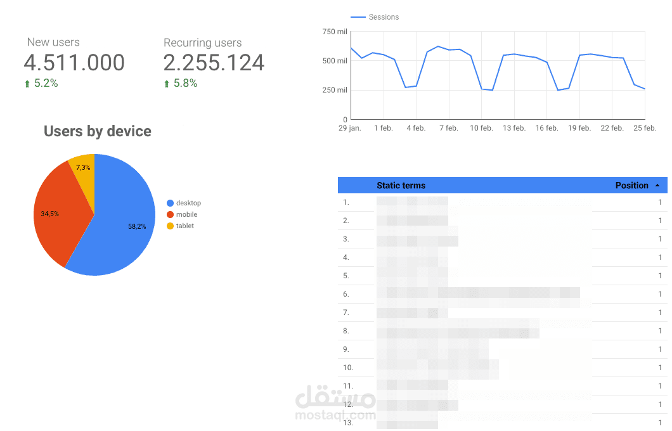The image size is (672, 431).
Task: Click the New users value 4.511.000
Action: pyautogui.click(x=74, y=63)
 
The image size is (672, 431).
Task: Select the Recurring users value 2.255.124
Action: pyautogui.click(x=214, y=63)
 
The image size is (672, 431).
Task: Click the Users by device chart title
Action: pyautogui.click(x=98, y=131)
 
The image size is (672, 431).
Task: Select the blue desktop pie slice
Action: pyautogui.click(x=124, y=222)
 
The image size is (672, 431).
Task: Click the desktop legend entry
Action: pyautogui.click(x=188, y=203)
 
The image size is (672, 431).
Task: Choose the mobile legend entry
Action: pyautogui.click(x=186, y=214)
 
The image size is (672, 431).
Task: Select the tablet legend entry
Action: pyautogui.click(x=184, y=226)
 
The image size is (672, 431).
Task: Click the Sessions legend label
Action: pyautogui.click(x=383, y=17)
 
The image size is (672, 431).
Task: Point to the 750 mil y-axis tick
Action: pyautogui.click(x=335, y=32)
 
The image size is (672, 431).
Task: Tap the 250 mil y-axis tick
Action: pyautogui.click(x=335, y=90)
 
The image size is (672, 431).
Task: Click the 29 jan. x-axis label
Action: pyautogui.click(x=349, y=128)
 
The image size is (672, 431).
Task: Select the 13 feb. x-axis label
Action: pyautogui.click(x=514, y=128)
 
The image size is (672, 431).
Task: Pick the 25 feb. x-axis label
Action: pyautogui.click(x=644, y=128)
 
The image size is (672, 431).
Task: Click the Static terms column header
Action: pyautogui.click(x=401, y=186)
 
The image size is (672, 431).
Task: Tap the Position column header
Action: pyautogui.click(x=631, y=186)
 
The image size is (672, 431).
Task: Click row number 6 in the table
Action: pyautogui.click(x=346, y=294)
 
